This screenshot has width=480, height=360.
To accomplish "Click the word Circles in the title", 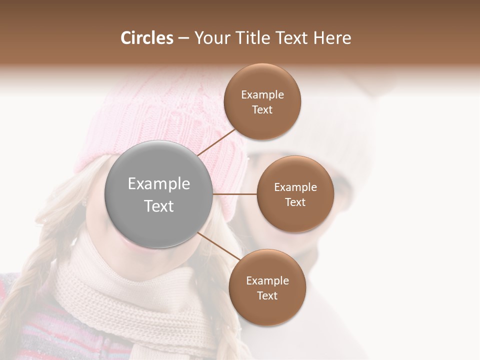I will (x=146, y=38).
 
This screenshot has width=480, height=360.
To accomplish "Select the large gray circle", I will (x=159, y=194).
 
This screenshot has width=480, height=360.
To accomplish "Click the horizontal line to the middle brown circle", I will (x=235, y=194).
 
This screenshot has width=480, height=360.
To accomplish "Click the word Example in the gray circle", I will (x=159, y=184).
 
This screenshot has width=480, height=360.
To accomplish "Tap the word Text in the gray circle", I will (x=159, y=206).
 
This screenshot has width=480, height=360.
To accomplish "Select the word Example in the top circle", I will (x=262, y=95).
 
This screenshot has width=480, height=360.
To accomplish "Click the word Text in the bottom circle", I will (x=267, y=295).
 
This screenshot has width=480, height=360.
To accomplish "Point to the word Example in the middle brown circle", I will (x=295, y=187).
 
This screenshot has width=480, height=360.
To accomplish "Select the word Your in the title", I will (x=209, y=38).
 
